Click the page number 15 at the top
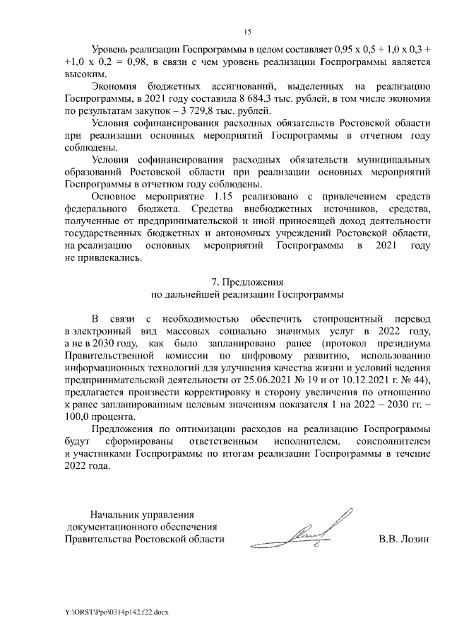pyautogui.click(x=247, y=31)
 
